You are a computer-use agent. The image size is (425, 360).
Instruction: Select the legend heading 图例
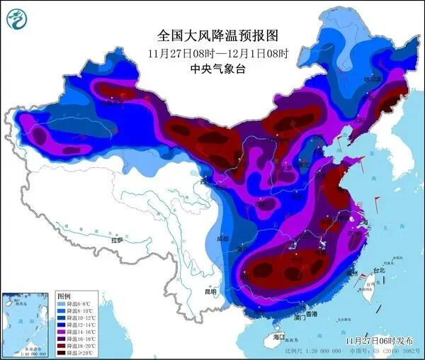coord(64,296)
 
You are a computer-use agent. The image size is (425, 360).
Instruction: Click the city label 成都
coord(225,238)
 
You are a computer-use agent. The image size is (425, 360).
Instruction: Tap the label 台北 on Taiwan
coord(378,270)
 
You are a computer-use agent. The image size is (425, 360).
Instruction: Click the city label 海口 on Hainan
coord(278,337)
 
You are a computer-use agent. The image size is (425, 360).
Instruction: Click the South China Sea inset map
coord(27,322)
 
